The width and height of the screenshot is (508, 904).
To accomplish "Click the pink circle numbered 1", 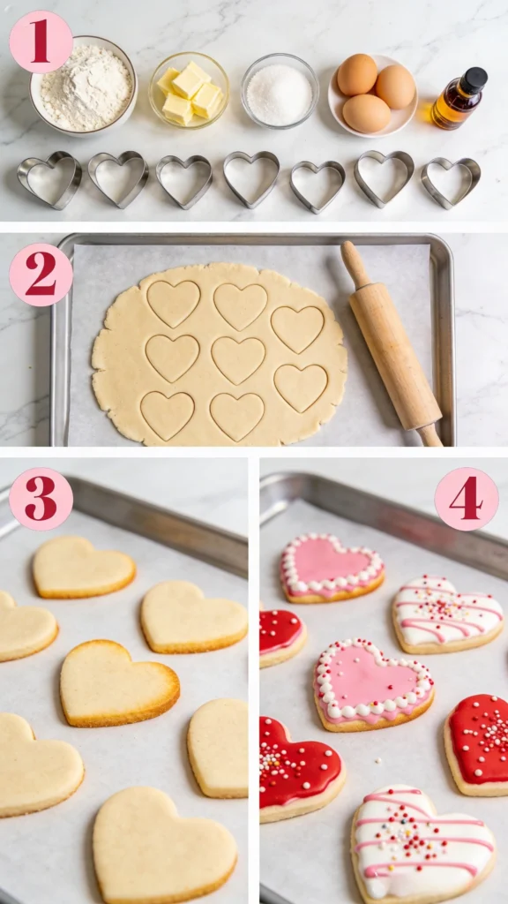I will (x=41, y=41).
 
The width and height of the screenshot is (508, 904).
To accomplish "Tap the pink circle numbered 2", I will (x=41, y=275).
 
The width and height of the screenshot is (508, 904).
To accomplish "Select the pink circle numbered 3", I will (x=41, y=499).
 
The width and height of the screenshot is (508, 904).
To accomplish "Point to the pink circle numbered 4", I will (x=466, y=499).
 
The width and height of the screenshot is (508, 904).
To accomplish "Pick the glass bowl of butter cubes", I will (x=190, y=90).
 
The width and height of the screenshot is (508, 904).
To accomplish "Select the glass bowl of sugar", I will (x=280, y=91).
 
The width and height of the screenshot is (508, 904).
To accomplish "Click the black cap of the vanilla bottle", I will (x=474, y=80).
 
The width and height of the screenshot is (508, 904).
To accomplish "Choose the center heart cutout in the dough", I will (x=238, y=358).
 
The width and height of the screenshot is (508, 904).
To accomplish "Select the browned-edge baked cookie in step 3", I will (x=118, y=682).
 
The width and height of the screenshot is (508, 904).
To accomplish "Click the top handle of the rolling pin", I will (x=355, y=262).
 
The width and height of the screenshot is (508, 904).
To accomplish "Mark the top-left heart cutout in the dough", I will (x=173, y=303).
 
